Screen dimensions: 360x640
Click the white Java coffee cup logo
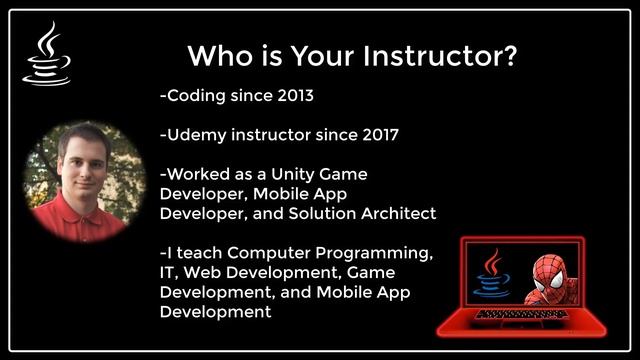click(46, 55)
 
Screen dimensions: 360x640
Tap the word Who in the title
click(216, 55)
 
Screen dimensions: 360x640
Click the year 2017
click(376, 135)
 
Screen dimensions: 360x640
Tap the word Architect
click(394, 213)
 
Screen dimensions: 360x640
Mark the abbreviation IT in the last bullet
click(168, 272)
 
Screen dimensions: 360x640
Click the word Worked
click(201, 174)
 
